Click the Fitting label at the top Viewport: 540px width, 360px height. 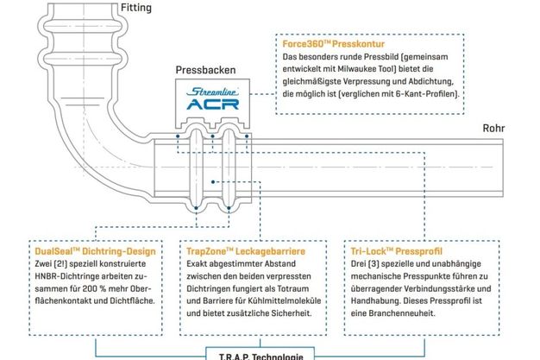(136, 8)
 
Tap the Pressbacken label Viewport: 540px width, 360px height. (205, 70)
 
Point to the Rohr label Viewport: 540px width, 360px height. (493, 129)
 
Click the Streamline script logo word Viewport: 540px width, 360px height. (213, 92)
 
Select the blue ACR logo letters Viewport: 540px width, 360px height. (213, 104)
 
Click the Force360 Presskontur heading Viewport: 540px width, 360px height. (333, 44)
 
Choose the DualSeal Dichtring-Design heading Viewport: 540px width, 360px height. (96, 251)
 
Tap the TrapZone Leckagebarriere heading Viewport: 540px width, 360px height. (246, 251)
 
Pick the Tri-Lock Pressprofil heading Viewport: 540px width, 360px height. (397, 251)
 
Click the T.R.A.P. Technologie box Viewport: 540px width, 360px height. (261, 354)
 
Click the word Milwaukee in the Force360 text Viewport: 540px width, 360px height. (357, 68)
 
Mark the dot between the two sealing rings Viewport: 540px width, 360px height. (213, 182)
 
